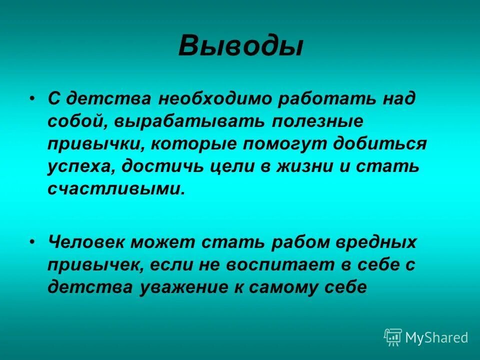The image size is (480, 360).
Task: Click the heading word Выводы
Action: click(x=240, y=46)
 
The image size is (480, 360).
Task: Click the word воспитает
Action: click(x=270, y=264)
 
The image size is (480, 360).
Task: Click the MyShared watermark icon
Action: click(x=392, y=337)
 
